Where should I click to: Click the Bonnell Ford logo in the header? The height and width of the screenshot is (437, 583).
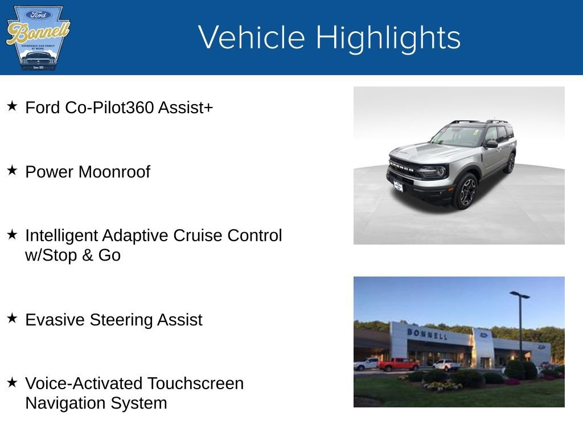[38, 38]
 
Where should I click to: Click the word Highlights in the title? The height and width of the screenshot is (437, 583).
[388, 38]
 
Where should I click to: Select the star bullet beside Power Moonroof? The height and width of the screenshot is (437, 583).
[13, 170]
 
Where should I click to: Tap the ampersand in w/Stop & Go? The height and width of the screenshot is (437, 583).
[87, 255]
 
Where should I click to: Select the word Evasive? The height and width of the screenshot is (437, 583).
[55, 320]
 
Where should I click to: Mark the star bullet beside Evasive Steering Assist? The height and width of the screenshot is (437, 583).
[13, 318]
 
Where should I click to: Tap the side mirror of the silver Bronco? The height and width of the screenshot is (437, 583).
[491, 145]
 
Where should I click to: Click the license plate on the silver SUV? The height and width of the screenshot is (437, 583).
[398, 185]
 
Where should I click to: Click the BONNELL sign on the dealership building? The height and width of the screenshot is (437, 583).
[427, 334]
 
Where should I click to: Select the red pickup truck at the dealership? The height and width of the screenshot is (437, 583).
[399, 364]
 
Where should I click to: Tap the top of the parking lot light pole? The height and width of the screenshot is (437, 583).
[519, 295]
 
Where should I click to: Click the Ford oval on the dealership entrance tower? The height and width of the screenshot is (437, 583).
[484, 335]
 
